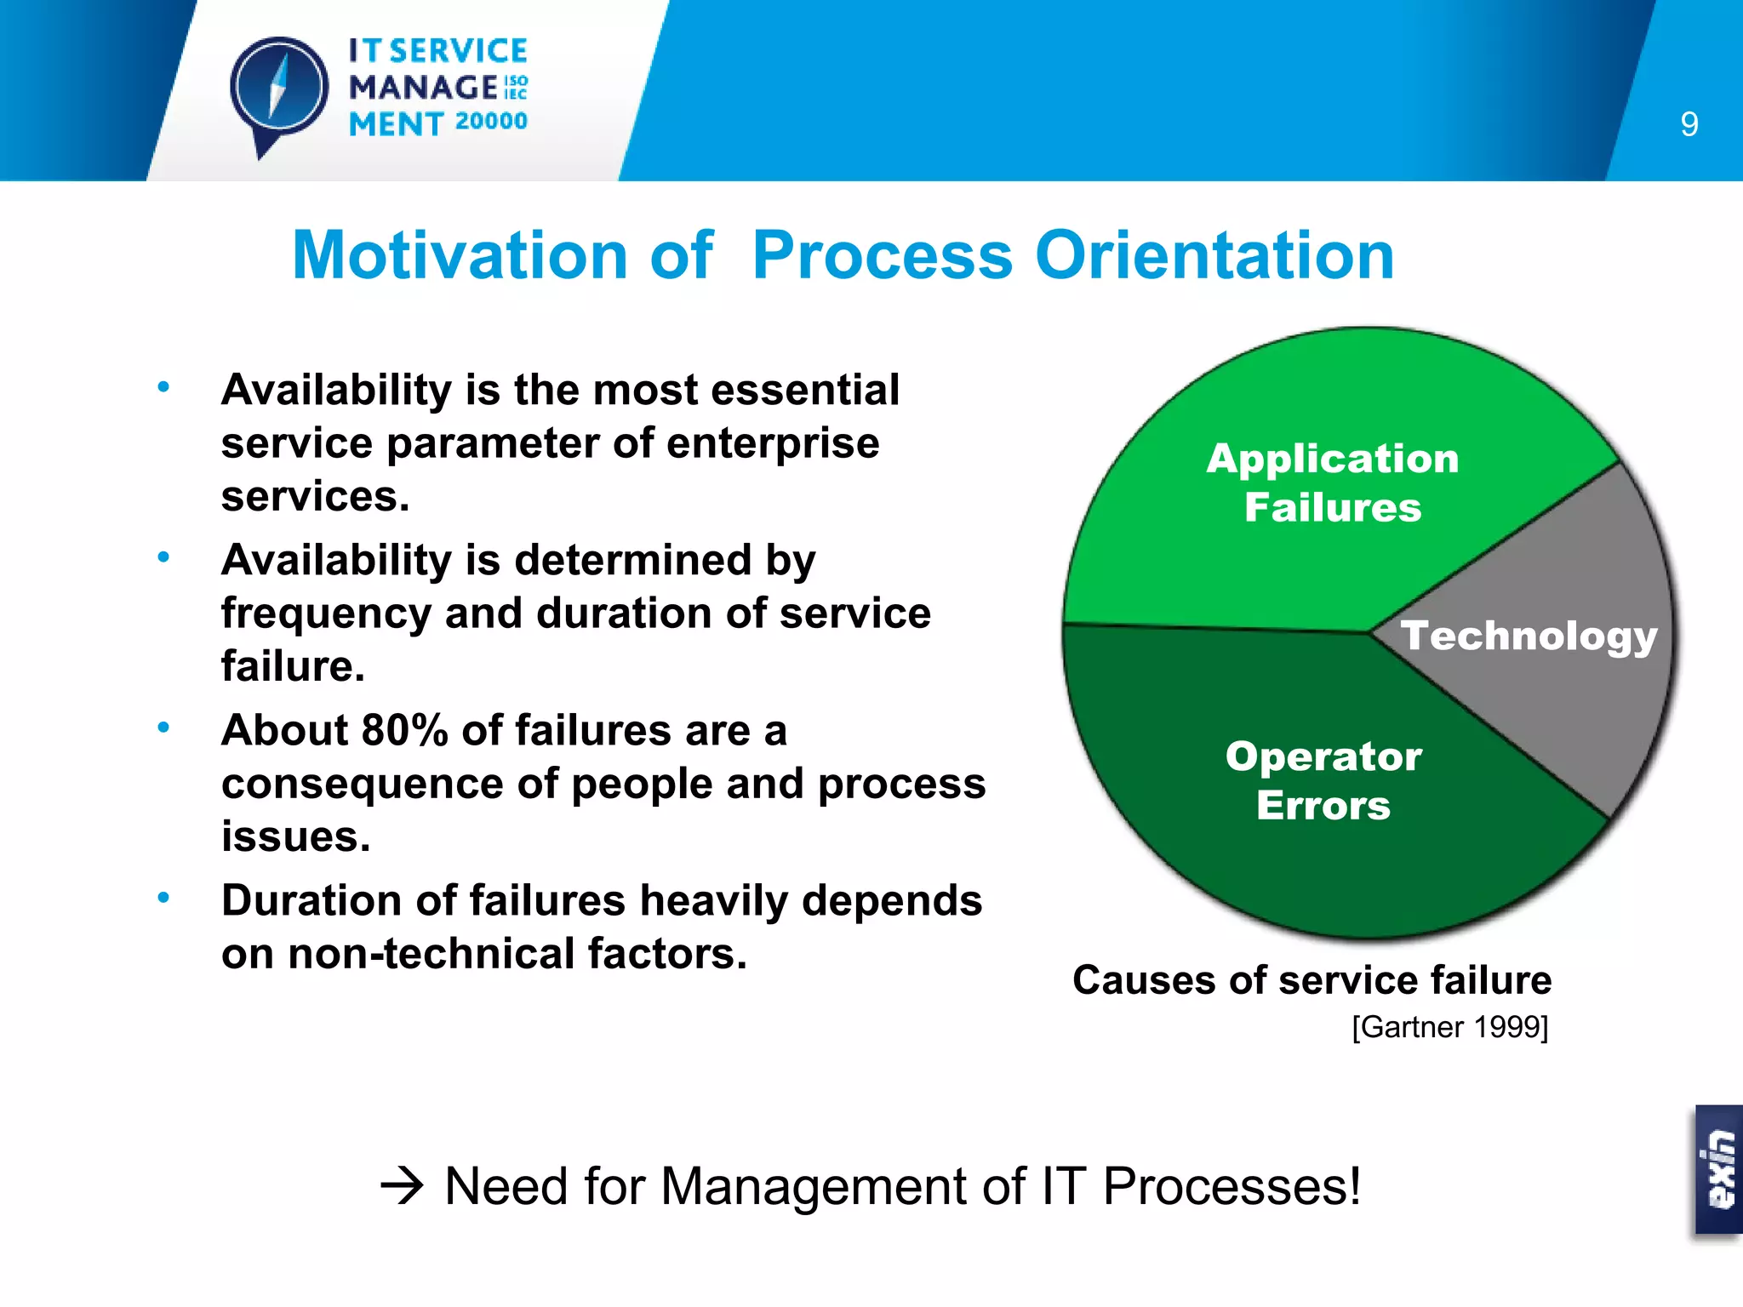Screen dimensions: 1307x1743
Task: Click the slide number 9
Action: [x=1689, y=125]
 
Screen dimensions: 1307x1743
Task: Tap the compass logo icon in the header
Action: [x=278, y=90]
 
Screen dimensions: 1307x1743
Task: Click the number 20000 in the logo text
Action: [x=491, y=122]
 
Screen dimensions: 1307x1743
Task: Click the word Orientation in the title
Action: [x=1214, y=255]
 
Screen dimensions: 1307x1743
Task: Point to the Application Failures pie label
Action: [x=1333, y=482]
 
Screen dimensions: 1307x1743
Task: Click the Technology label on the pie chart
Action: [x=1529, y=636]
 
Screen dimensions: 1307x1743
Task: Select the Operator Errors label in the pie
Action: [x=1323, y=780]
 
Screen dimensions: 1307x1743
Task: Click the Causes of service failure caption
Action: [x=1312, y=980]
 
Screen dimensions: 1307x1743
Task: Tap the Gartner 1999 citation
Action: [x=1449, y=1027]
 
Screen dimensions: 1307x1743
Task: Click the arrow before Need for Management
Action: [x=402, y=1185]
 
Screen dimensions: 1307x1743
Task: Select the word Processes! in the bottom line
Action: [x=1232, y=1185]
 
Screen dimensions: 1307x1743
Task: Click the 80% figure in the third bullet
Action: [x=404, y=731]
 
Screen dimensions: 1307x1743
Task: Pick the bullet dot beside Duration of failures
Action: [x=163, y=898]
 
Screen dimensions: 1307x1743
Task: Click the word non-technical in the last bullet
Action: [x=431, y=954]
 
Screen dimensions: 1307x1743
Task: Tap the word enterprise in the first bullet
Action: [x=772, y=443]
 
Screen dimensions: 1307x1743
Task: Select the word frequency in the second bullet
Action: [x=326, y=614]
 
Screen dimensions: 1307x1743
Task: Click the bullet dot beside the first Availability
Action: [x=163, y=387]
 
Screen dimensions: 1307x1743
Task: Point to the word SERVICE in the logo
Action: [x=459, y=51]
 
